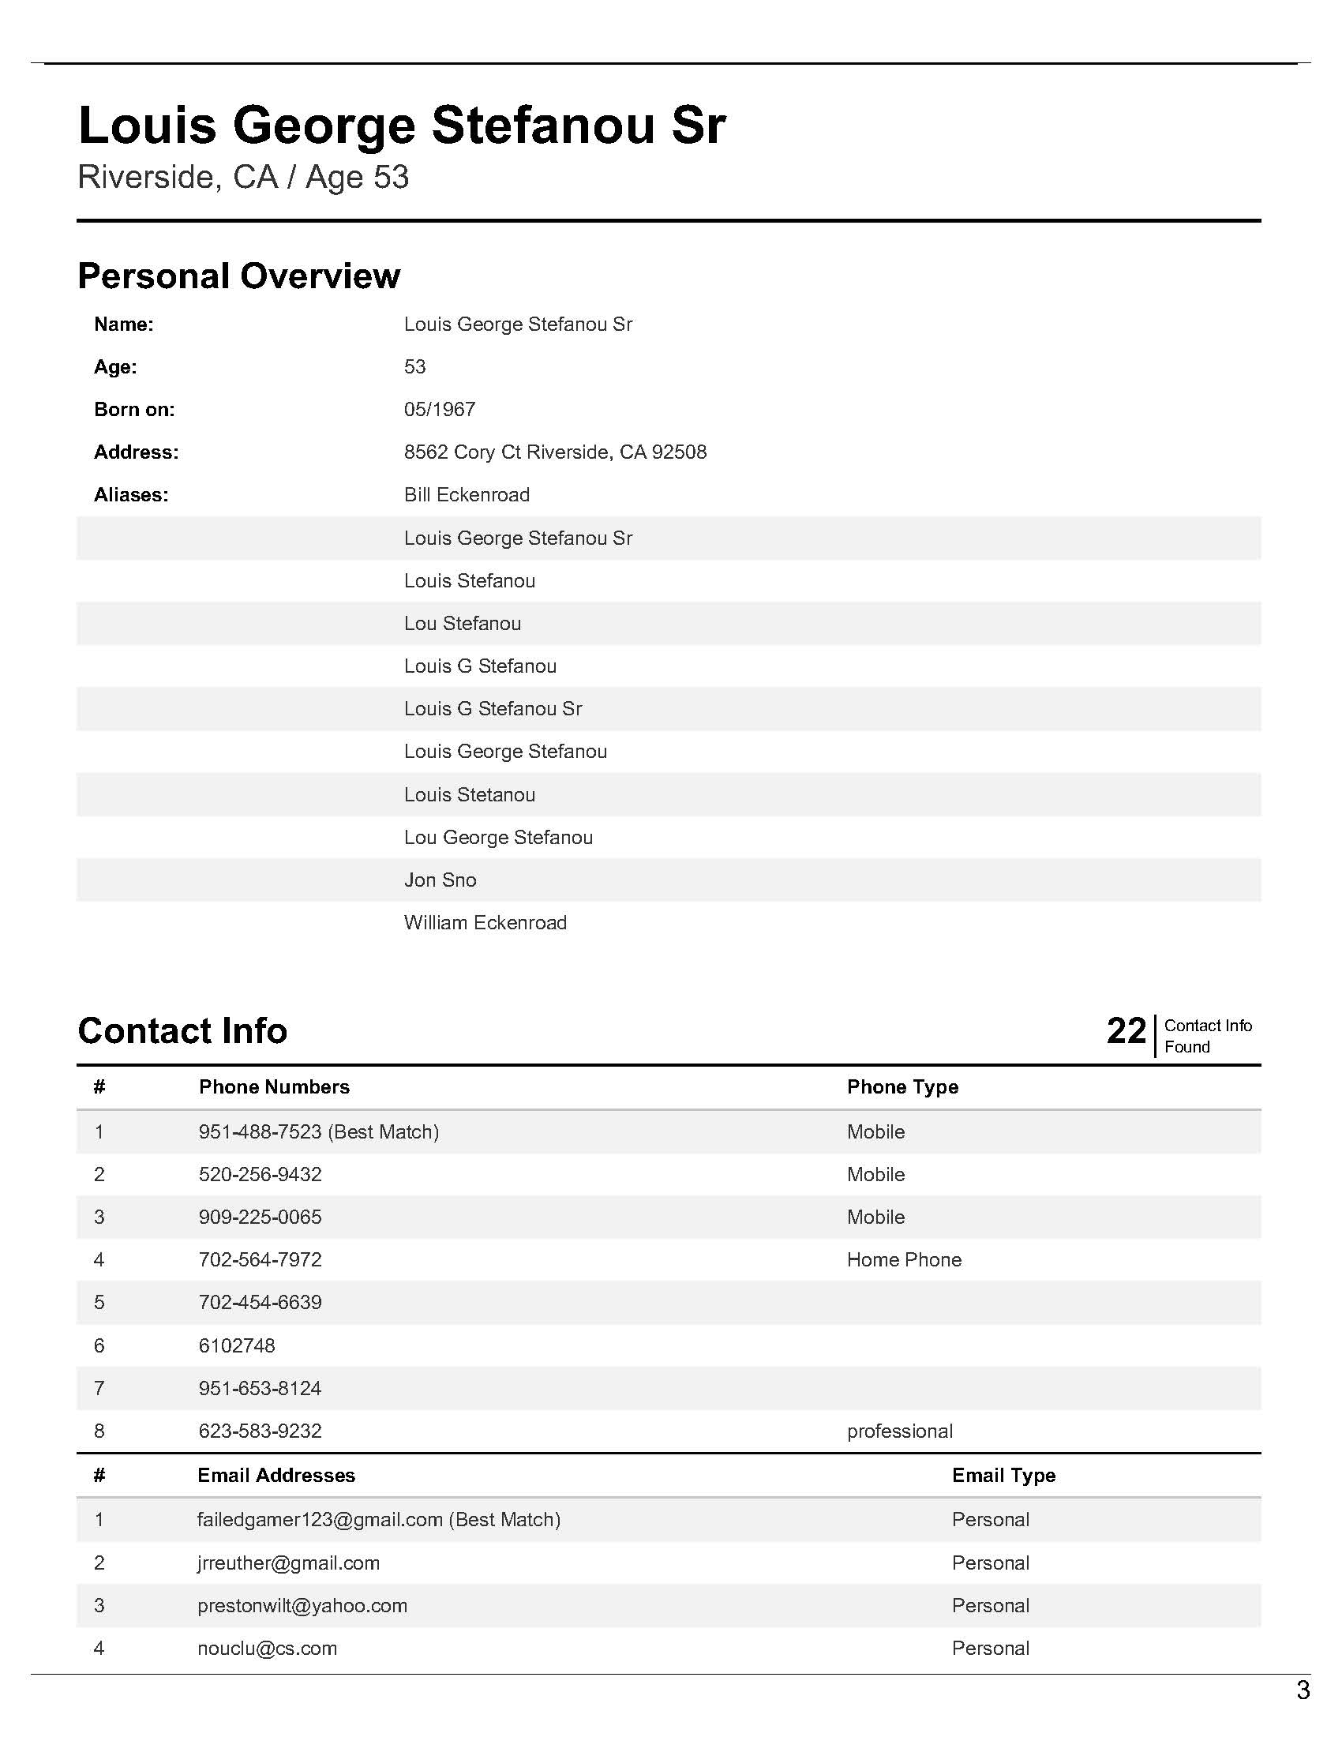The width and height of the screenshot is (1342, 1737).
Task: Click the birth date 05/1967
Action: tap(439, 410)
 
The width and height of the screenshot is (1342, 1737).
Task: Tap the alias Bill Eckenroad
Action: tap(466, 495)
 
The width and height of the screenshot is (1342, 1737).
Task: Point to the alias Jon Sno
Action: tap(440, 880)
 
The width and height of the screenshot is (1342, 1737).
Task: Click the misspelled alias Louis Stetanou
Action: tap(469, 794)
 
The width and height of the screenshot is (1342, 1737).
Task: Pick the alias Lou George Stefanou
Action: tap(497, 838)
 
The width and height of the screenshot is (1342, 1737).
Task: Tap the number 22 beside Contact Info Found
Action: tap(1126, 1032)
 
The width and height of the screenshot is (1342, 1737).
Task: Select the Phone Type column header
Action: tap(902, 1087)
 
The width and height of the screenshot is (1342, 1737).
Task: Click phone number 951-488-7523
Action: tap(260, 1131)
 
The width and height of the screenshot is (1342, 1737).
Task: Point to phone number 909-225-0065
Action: tap(260, 1217)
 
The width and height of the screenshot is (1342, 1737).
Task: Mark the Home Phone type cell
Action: tap(903, 1260)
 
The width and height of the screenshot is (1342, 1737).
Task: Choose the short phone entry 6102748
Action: tap(236, 1345)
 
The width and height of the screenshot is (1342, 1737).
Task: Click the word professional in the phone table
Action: tap(899, 1431)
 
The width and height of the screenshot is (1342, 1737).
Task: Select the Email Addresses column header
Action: tap(276, 1476)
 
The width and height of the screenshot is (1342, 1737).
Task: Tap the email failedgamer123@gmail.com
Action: tap(320, 1520)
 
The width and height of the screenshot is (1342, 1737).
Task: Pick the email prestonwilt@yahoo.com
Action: tap(302, 1605)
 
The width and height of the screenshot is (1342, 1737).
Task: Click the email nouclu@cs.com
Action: tap(267, 1648)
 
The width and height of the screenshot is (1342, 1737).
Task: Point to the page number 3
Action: tap(1303, 1690)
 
